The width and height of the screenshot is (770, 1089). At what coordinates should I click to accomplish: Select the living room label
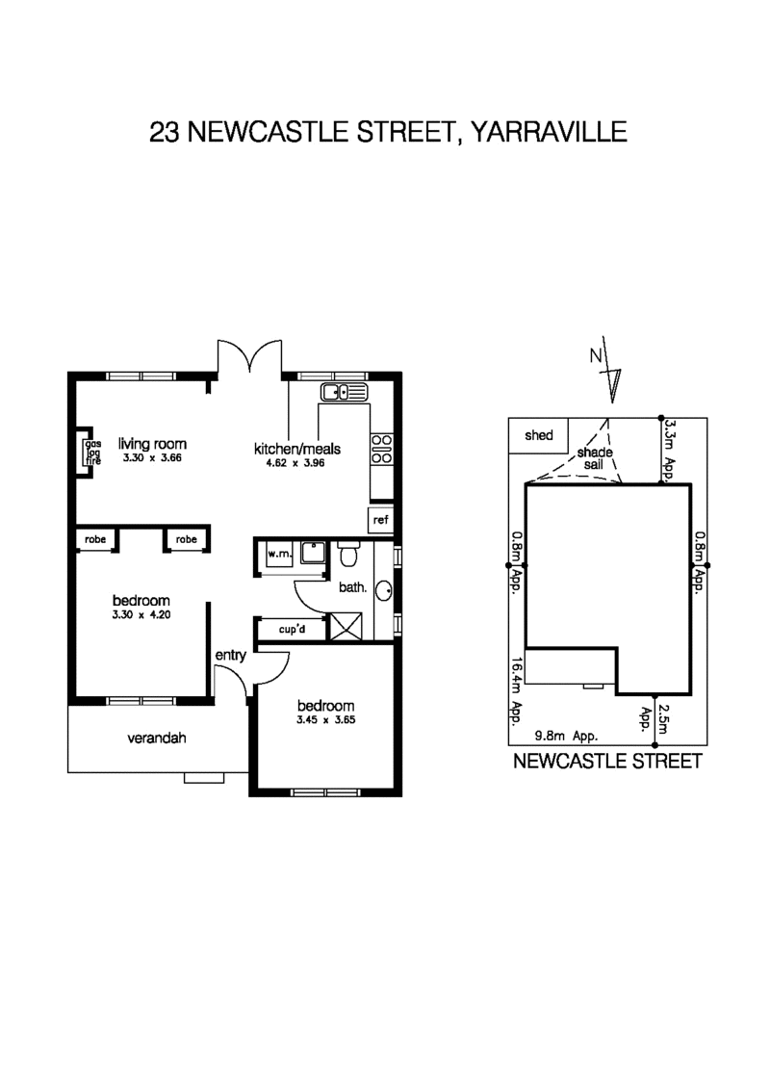point(152,444)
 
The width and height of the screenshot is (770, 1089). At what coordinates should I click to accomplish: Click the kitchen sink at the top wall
point(344,391)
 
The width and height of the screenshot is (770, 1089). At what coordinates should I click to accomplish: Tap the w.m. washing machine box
point(279,555)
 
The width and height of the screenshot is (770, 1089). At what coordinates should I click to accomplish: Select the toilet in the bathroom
point(348,556)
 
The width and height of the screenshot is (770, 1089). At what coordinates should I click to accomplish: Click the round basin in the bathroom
point(383,590)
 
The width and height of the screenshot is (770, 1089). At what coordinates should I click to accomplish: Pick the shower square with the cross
point(344,629)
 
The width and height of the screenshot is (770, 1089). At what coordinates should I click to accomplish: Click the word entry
point(231,656)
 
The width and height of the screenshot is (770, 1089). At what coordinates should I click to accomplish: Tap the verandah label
point(156,739)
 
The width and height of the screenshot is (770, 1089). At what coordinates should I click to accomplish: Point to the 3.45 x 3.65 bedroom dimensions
point(326,718)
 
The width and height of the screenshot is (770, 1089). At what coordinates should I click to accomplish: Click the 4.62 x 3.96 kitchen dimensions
point(297,462)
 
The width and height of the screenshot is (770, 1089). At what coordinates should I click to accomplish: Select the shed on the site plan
point(539,435)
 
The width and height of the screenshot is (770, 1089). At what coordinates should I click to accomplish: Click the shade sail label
point(595,459)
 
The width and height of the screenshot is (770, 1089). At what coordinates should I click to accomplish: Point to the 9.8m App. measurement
point(567,735)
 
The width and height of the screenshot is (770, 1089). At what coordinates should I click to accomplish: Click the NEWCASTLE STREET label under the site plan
point(607,762)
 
